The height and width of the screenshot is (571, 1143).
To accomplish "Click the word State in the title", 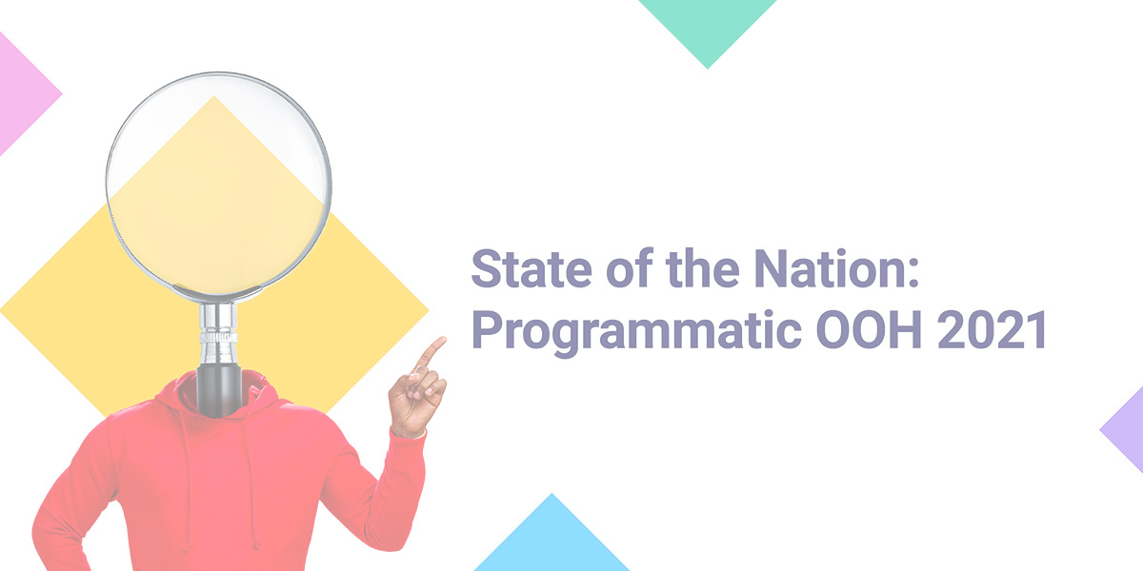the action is [531, 268].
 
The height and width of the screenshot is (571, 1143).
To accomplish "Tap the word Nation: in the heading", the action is [836, 268].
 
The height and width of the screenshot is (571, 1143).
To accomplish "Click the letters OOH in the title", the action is [869, 329].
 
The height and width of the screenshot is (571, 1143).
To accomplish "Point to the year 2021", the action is [992, 329].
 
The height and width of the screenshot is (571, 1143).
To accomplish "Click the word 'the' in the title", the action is [703, 268].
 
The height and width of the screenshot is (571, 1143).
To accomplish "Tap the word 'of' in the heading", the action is [630, 268].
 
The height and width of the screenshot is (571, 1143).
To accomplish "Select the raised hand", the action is [417, 387].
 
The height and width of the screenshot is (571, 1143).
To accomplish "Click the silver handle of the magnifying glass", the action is [218, 334].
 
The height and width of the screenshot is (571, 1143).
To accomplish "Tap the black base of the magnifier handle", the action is [219, 390].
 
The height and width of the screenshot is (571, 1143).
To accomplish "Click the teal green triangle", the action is [708, 26].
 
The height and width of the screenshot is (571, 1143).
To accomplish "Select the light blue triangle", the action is [551, 541].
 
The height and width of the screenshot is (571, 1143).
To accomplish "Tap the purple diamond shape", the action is [1125, 430].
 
